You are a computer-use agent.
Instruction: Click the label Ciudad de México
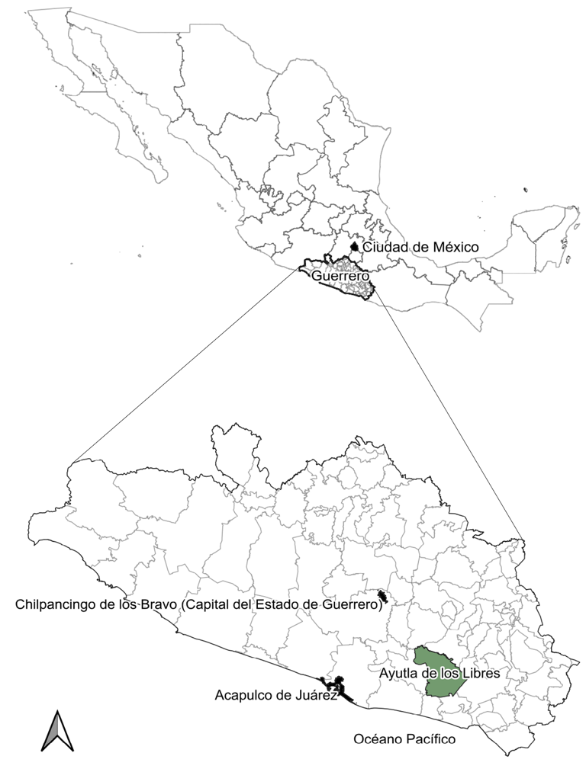pyautogui.click(x=420, y=248)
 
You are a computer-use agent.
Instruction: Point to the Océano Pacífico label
pyautogui.click(x=404, y=739)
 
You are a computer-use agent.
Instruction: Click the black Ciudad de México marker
pyautogui.click(x=354, y=246)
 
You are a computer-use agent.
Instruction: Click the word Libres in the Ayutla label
pyautogui.click(x=480, y=674)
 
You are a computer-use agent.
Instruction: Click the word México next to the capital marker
pyautogui.click(x=456, y=248)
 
